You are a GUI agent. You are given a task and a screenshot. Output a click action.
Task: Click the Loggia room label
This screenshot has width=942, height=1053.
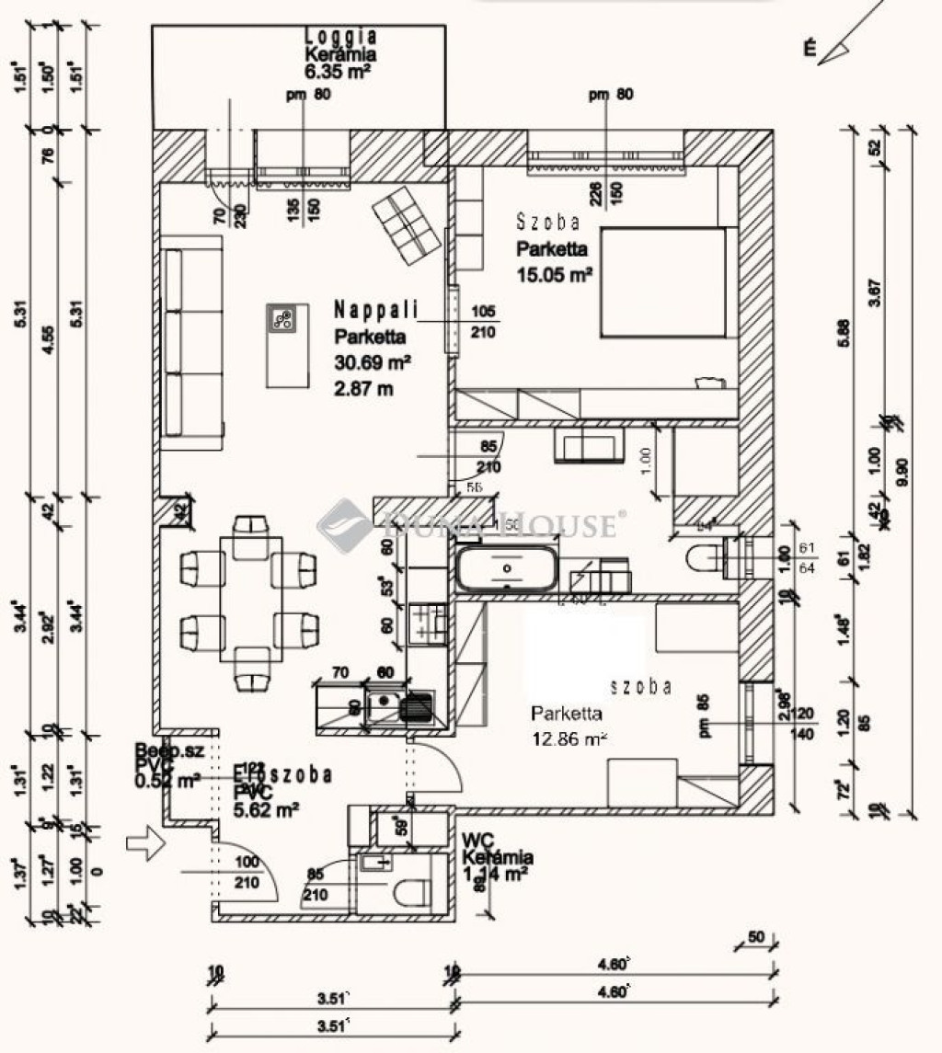(340, 37)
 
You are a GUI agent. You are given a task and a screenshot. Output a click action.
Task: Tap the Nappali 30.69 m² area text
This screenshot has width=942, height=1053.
(372, 361)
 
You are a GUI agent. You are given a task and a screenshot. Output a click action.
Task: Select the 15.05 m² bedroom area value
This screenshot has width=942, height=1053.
(553, 273)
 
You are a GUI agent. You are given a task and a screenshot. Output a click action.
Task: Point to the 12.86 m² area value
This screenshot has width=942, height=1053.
(570, 738)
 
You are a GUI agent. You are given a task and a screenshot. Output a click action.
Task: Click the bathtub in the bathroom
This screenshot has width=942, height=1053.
(505, 570)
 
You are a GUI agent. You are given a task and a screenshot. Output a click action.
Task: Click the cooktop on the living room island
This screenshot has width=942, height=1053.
(282, 319)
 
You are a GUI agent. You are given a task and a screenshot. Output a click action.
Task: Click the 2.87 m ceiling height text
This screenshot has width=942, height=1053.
(363, 388)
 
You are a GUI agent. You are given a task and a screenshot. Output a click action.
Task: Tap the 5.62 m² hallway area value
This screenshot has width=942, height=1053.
(267, 809)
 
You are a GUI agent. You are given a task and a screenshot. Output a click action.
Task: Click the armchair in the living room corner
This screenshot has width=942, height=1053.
(406, 223)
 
